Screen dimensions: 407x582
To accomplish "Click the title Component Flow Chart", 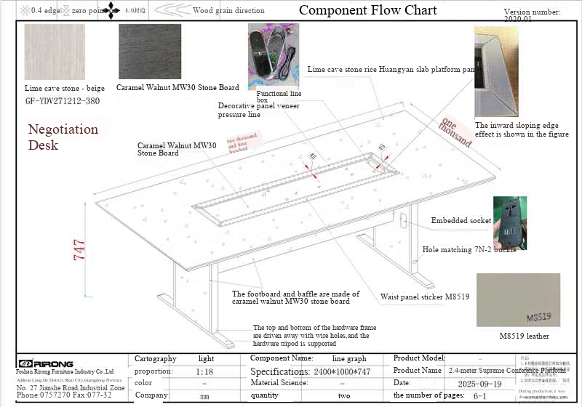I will click(368, 10).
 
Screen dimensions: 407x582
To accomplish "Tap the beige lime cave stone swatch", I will click(54, 54).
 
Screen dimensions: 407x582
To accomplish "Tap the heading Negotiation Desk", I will click(63, 137).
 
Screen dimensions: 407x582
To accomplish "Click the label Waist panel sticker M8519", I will click(425, 297).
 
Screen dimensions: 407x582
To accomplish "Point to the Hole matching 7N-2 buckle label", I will click(469, 249).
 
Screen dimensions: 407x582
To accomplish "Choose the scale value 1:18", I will click(204, 371).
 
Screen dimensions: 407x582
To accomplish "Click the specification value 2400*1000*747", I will click(342, 371).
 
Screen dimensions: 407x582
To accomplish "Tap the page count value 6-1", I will click(479, 395).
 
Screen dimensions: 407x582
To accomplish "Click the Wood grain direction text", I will click(228, 11).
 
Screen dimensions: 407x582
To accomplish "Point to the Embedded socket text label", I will click(461, 220).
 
